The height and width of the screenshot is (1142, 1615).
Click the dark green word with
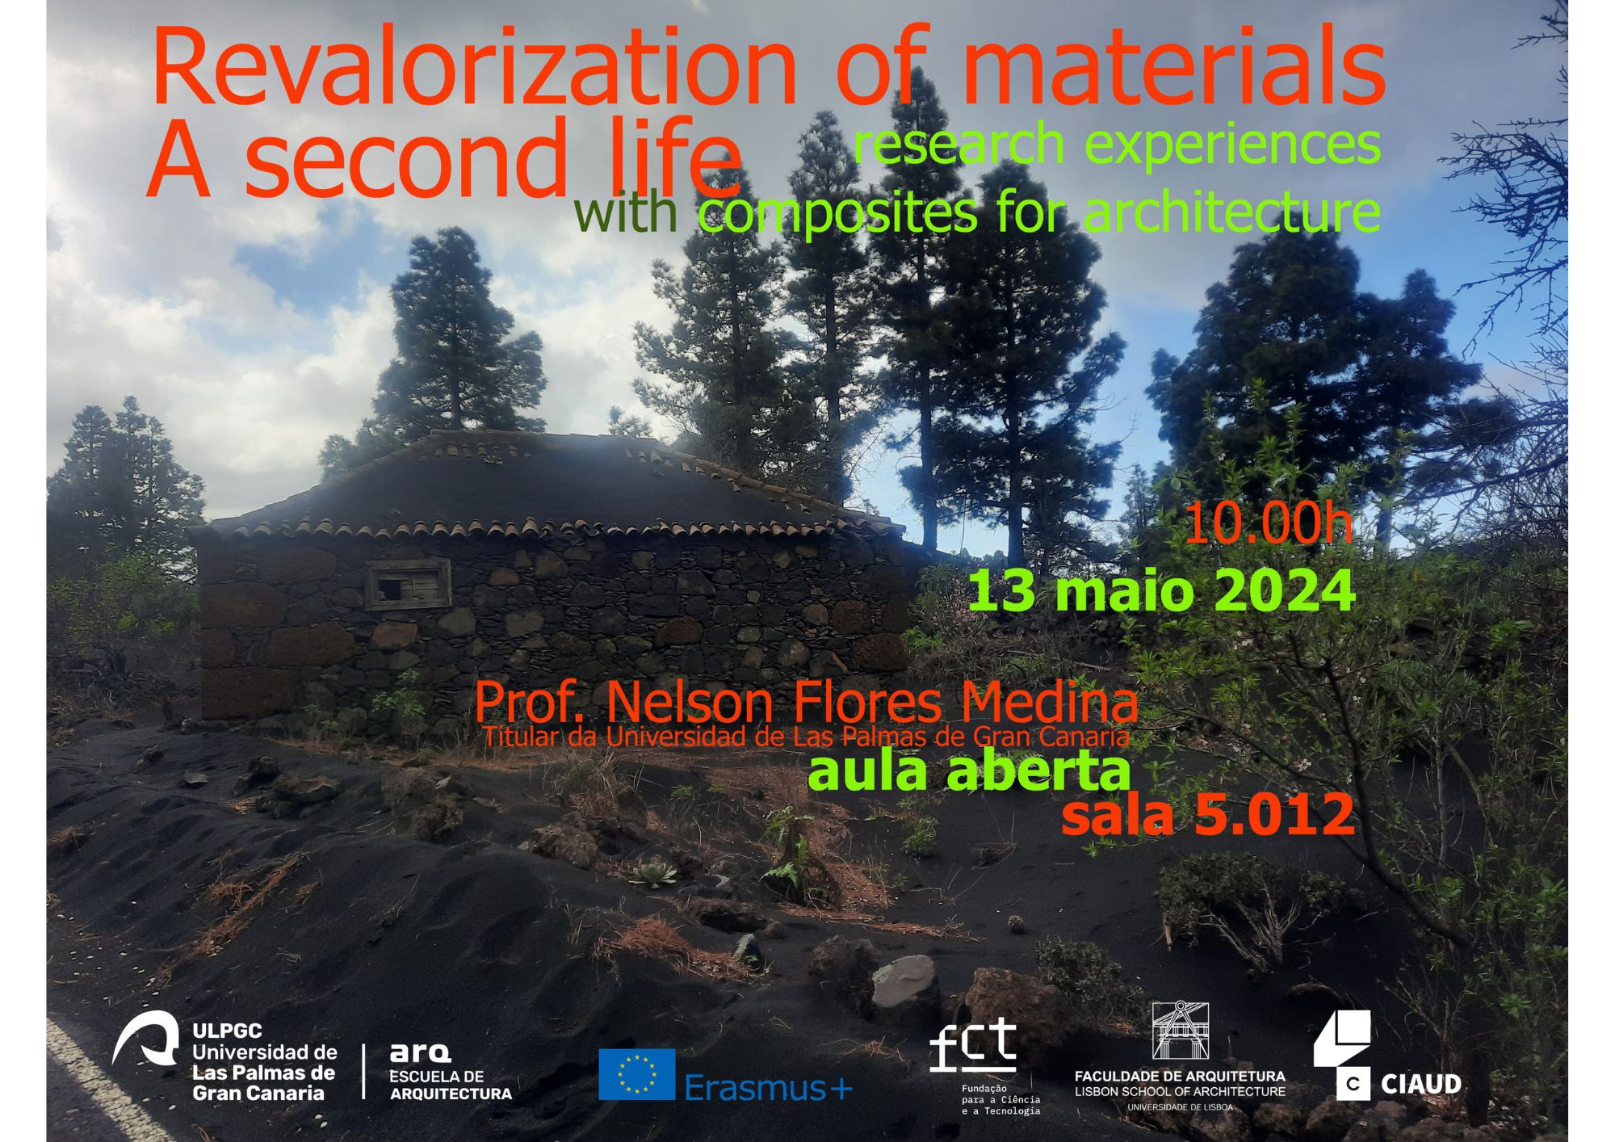coord(625,212)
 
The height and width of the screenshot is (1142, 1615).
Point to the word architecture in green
coord(1231,212)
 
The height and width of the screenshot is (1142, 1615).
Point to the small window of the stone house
coord(408,584)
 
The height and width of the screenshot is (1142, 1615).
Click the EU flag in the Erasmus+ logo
coord(636,1074)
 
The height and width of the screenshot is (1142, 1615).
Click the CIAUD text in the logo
coord(1421,1084)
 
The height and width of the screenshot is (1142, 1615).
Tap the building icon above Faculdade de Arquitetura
coord(1180,1031)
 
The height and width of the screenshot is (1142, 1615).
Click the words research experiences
coord(1117,143)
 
